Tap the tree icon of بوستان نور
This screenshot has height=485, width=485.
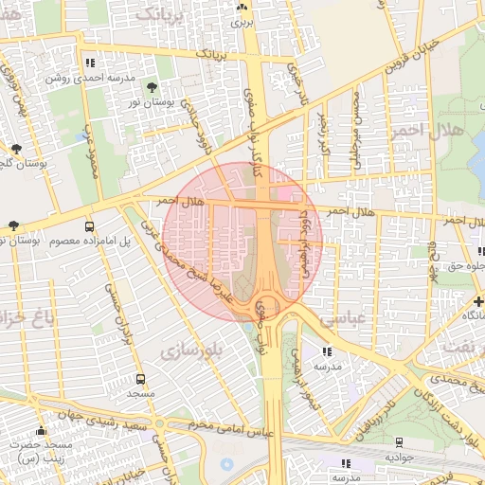(x=153, y=89)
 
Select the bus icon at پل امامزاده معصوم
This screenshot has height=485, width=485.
(x=89, y=226)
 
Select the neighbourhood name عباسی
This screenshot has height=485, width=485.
(x=342, y=320)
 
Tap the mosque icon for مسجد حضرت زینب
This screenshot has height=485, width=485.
(x=40, y=431)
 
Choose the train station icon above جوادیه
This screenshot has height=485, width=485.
(x=399, y=441)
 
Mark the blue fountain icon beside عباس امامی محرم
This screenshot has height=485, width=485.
(x=225, y=465)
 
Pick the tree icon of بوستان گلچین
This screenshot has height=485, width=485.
(x=16, y=148)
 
